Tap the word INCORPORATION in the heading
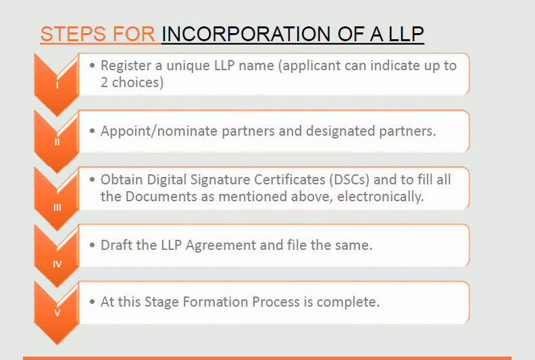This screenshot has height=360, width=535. pos(246,34)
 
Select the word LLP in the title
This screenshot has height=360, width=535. pos(407,34)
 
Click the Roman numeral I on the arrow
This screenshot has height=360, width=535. pos(57,85)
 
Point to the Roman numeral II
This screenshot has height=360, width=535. pos(57,142)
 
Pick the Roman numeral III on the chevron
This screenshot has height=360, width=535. pos(57,207)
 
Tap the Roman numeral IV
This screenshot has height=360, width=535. pos(57,264)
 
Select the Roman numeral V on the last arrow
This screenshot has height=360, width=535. pos(57,313)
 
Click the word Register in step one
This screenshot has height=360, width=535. pos(126,66)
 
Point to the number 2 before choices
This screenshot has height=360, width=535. pos(104,82)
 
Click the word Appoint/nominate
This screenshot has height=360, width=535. pos(159,132)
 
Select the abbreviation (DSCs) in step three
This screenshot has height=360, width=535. pos(349,180)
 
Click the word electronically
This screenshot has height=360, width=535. pos(380,197)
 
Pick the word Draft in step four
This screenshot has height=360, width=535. pos(116,245)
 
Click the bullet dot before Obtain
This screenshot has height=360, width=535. pos(92,180)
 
